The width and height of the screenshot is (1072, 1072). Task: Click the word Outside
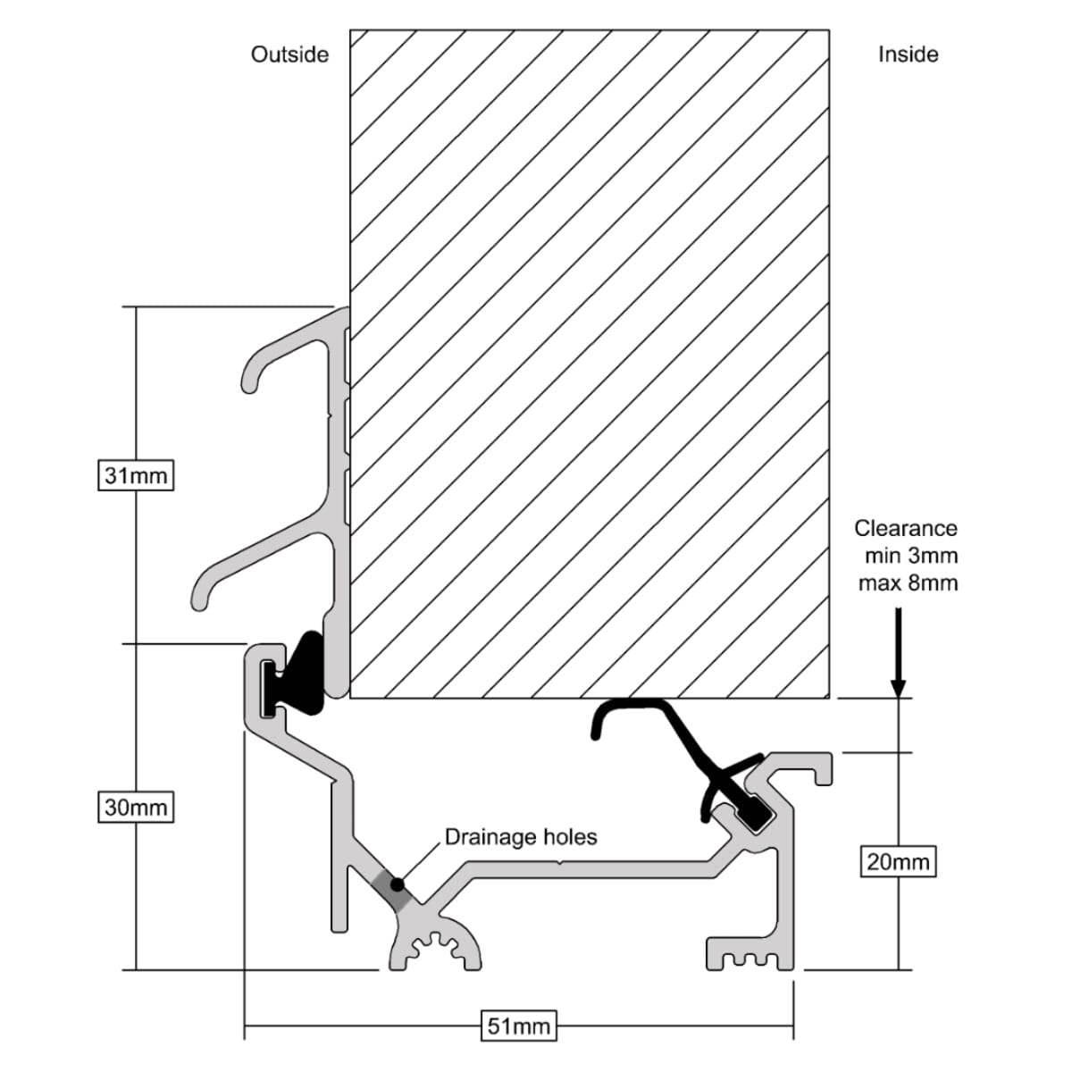[x=289, y=54]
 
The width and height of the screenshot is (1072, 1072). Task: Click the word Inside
[x=908, y=54]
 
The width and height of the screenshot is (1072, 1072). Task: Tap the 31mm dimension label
[x=135, y=475]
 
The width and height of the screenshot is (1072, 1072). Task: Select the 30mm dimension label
[x=135, y=808]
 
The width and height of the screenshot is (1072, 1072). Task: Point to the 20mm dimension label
[x=898, y=862]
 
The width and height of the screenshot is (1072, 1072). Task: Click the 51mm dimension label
[x=517, y=1026]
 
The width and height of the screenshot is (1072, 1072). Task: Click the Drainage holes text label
[x=521, y=837]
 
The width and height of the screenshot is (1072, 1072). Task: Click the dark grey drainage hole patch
[x=389, y=889]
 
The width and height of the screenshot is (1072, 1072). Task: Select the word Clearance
[x=906, y=528]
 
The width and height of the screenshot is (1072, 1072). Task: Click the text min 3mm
[x=910, y=556]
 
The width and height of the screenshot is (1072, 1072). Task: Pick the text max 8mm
[x=908, y=583]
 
